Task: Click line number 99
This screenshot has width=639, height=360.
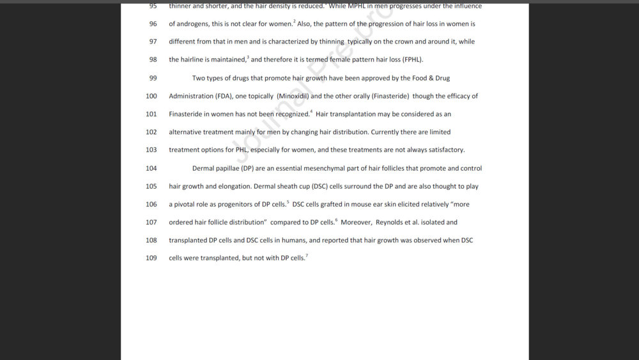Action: point(153,78)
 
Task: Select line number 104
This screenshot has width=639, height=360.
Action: point(151,168)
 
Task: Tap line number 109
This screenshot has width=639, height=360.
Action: point(151,258)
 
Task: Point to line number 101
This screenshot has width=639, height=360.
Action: point(151,114)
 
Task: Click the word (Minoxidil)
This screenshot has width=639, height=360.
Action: point(293,96)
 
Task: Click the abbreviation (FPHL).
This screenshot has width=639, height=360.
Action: point(412,60)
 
